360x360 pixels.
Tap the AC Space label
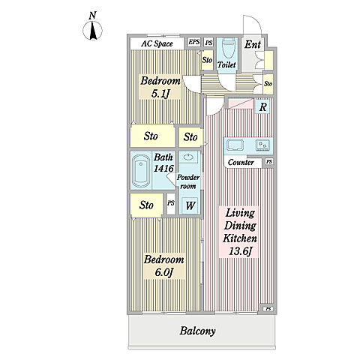157,43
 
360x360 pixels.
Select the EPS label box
194,42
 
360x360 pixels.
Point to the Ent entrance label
253,44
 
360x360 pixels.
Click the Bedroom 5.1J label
160,87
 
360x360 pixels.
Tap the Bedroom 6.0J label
163,265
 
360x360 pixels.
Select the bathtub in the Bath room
141,170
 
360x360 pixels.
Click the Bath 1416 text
163,163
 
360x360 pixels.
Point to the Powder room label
188,181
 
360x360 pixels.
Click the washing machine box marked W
190,205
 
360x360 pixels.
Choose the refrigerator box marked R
262,107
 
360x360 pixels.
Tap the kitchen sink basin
235,145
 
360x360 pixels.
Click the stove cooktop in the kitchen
262,145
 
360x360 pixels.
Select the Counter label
241,163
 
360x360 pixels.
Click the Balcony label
197,331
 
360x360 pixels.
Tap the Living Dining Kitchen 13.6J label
240,232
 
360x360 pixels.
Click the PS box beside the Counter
268,162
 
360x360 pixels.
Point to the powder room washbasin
187,157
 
